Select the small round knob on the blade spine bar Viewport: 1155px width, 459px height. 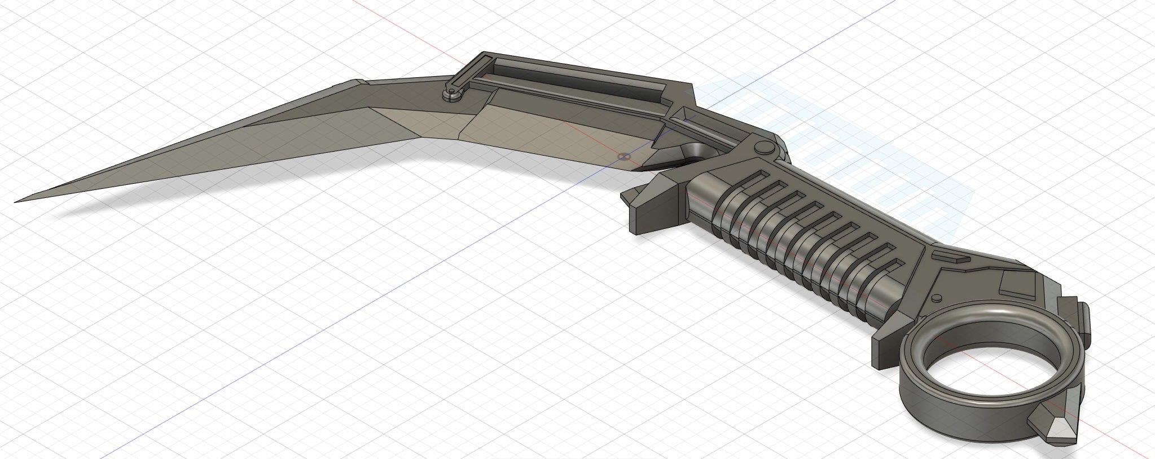tap(451, 96)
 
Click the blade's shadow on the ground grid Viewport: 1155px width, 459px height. tap(226, 189)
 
